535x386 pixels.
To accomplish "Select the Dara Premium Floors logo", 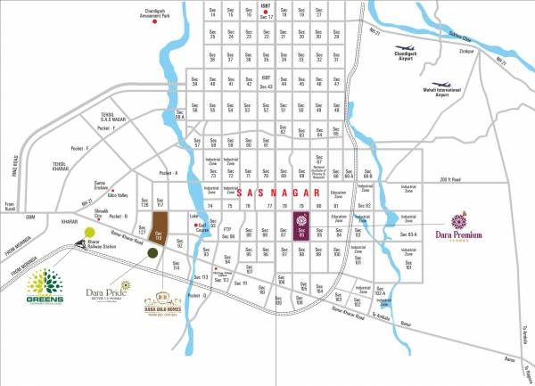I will coord(460,223).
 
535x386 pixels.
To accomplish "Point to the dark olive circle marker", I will coord(153,253).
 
